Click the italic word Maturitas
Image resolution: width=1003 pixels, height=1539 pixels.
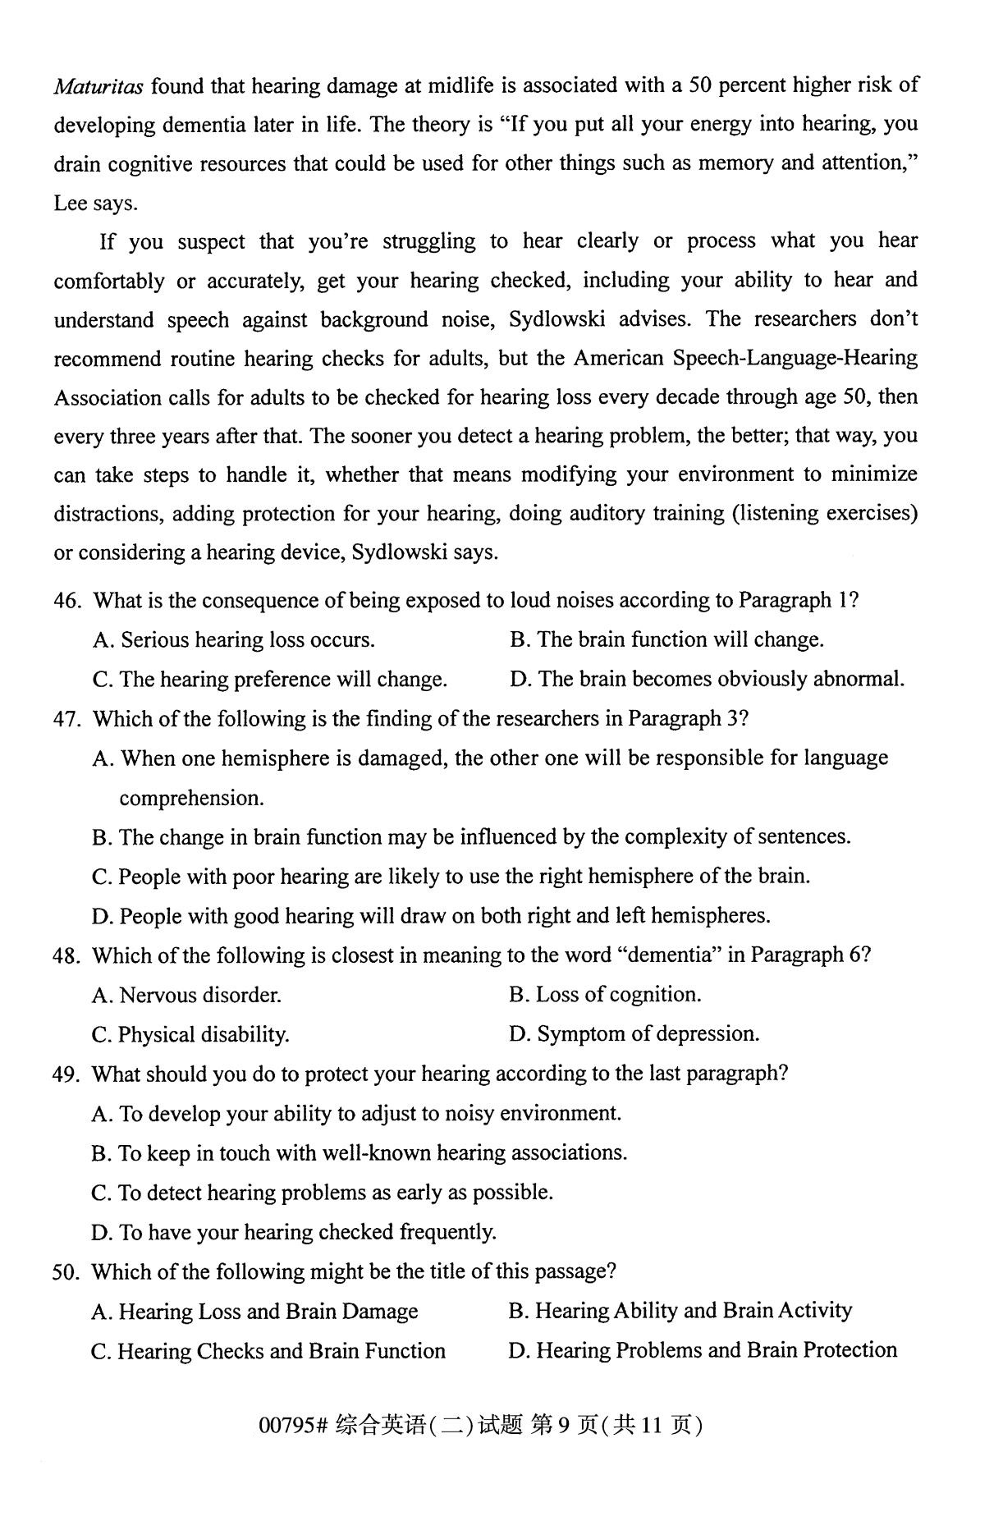(99, 85)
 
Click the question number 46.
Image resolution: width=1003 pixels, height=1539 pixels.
(67, 601)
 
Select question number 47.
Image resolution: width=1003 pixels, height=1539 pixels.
(67, 720)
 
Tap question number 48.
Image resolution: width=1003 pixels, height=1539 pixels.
(66, 956)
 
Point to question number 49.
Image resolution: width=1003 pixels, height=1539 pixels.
(66, 1074)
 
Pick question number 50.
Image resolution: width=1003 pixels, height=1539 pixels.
(66, 1272)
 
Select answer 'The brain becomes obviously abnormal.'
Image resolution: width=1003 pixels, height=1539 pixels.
(707, 680)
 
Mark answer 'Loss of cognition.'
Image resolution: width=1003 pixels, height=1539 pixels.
(605, 995)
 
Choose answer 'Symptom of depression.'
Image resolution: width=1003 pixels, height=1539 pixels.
(634, 1034)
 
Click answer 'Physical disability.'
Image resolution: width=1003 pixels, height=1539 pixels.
(190, 1035)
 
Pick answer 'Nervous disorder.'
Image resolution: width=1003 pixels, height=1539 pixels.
(186, 996)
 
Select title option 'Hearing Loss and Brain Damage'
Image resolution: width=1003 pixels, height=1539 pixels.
(255, 1312)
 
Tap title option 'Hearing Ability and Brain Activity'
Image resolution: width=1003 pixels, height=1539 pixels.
(680, 1311)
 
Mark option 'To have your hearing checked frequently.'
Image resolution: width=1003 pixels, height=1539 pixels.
(294, 1232)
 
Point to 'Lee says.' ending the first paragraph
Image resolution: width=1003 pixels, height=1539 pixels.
(96, 204)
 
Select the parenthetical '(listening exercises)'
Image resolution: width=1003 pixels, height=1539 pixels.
(824, 514)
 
